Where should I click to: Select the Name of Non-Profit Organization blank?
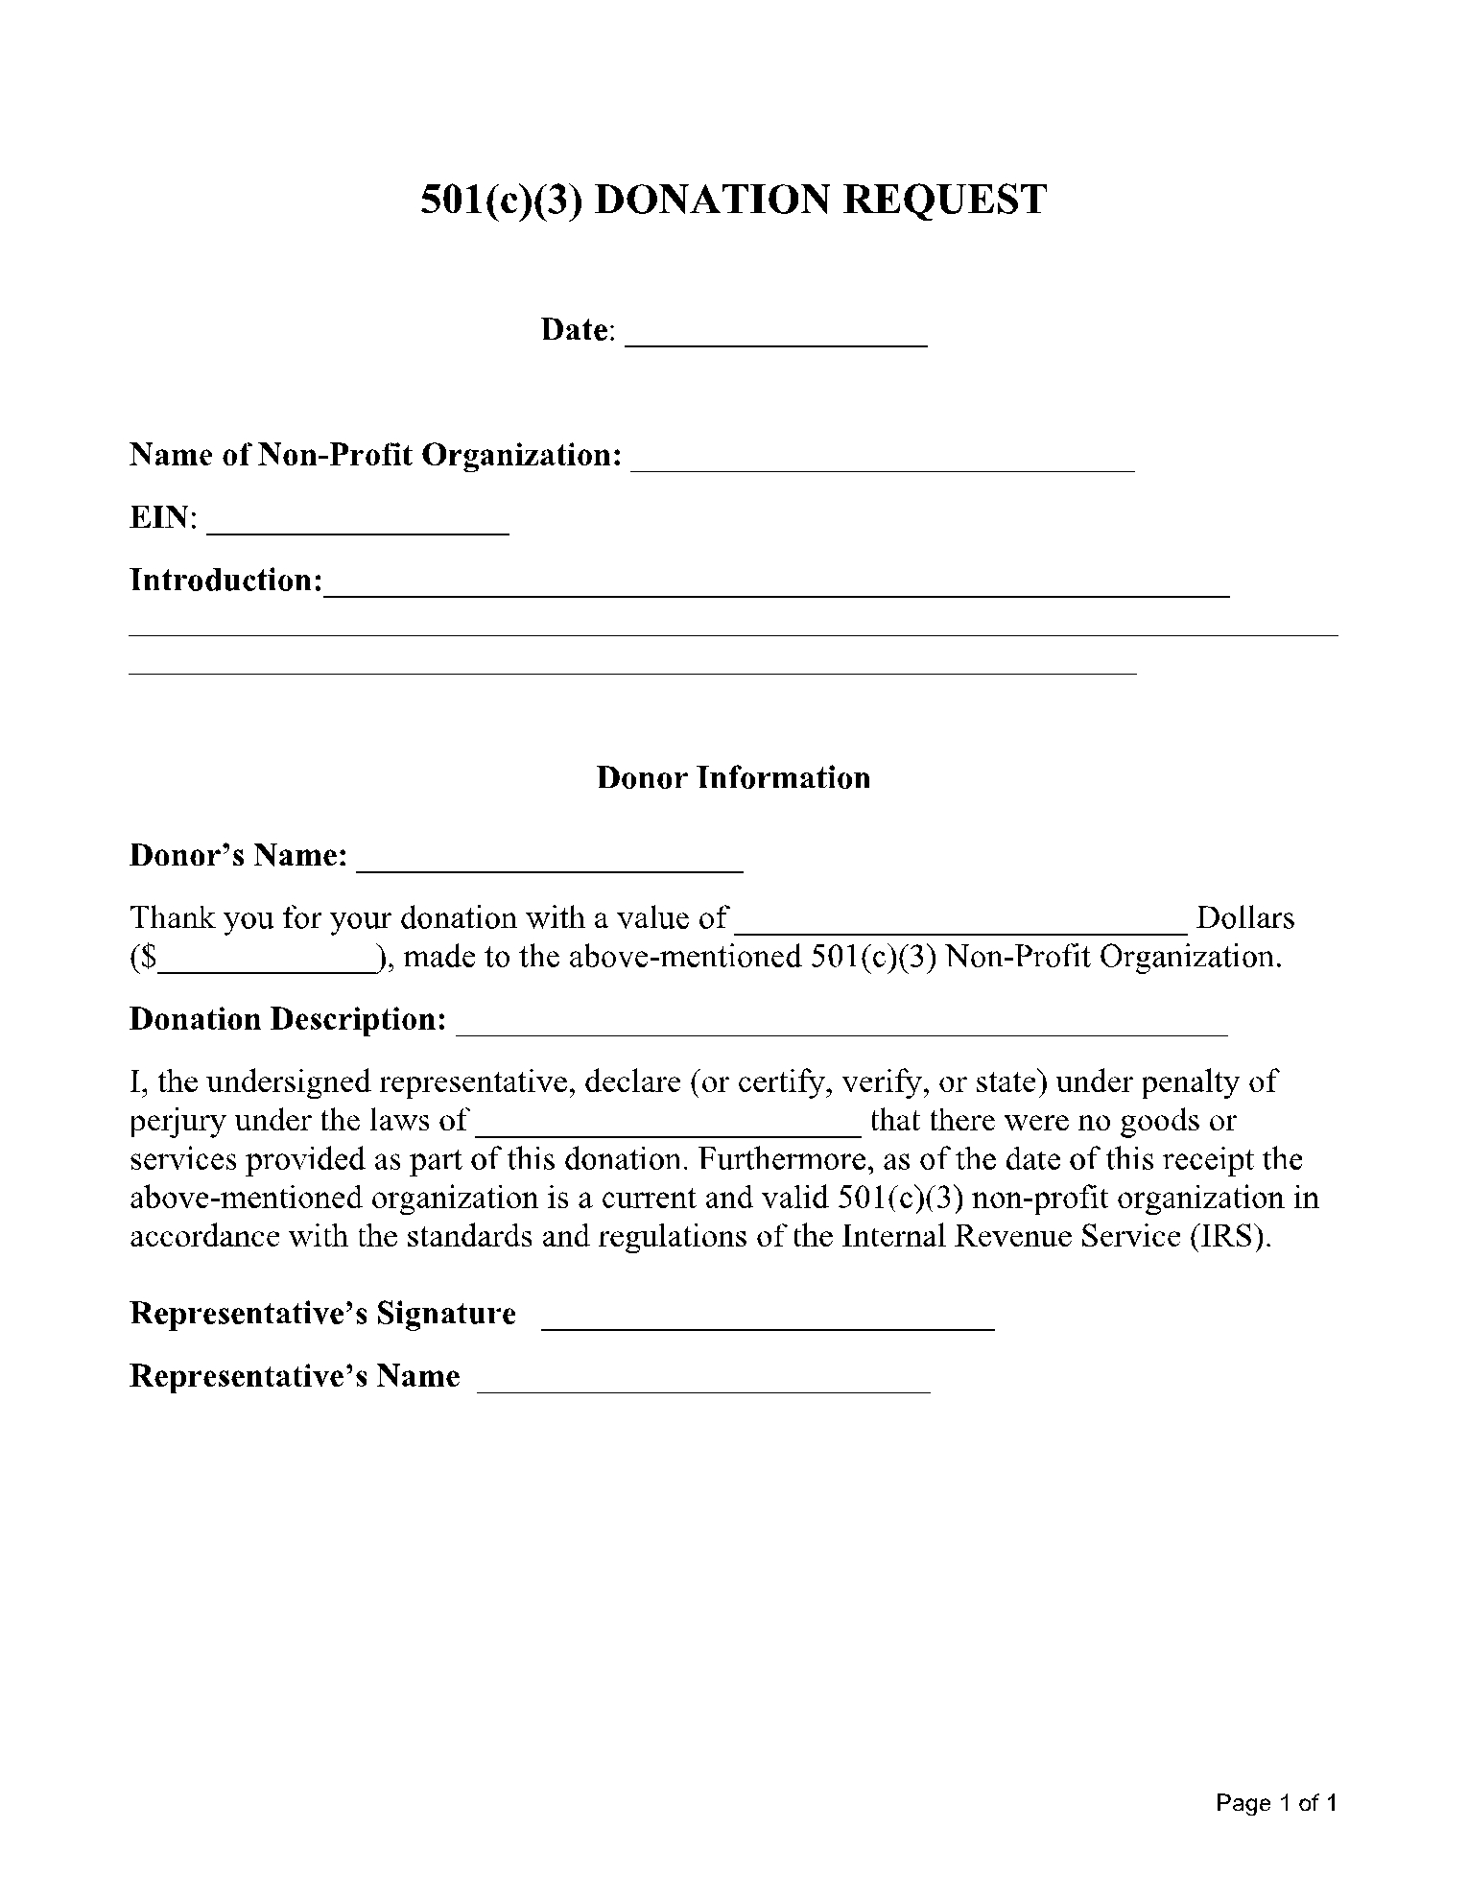coord(882,463)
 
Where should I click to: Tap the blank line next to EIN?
coord(357,526)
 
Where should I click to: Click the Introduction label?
coord(225,581)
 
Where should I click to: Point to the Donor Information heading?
coord(733,777)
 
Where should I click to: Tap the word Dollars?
coord(1245,918)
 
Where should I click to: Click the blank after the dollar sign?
coord(267,965)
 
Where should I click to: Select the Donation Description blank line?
coord(841,1028)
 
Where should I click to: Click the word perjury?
coord(178,1121)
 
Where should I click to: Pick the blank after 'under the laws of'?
coord(669,1128)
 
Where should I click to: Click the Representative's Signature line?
coord(768,1322)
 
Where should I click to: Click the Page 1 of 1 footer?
coord(1275,1803)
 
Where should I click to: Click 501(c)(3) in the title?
coord(502,200)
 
